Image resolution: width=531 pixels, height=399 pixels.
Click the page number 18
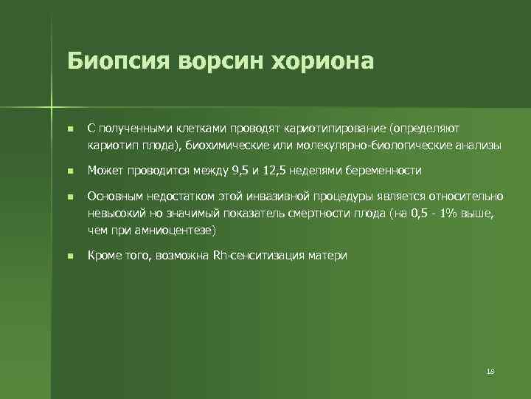(490, 370)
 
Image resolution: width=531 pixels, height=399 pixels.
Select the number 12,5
(276, 171)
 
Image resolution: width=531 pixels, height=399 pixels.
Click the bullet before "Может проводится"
(69, 171)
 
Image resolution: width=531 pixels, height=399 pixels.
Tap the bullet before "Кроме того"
(69, 256)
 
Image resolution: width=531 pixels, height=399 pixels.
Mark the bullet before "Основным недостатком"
(69, 197)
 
